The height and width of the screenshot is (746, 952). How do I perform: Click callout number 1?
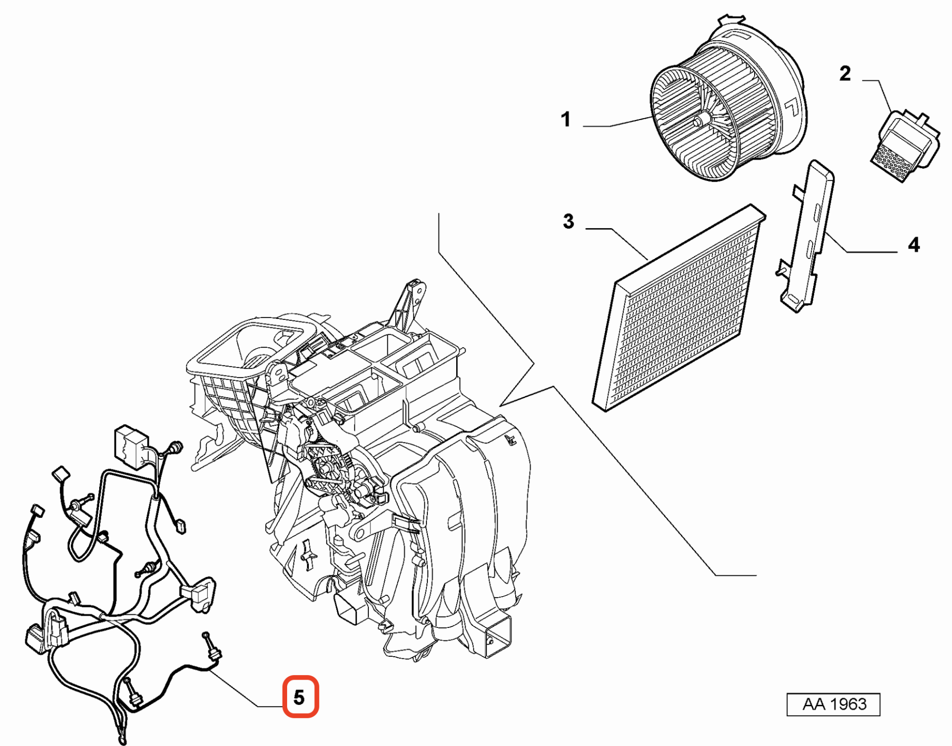tap(566, 120)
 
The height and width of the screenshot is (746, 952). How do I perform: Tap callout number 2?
tap(845, 74)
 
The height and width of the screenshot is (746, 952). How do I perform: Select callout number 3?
tap(568, 221)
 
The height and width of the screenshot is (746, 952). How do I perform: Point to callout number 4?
tap(913, 245)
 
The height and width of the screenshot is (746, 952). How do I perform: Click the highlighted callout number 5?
tap(300, 697)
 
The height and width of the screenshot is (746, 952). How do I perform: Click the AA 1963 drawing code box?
tap(833, 704)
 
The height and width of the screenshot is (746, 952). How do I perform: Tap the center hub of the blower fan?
tap(701, 121)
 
